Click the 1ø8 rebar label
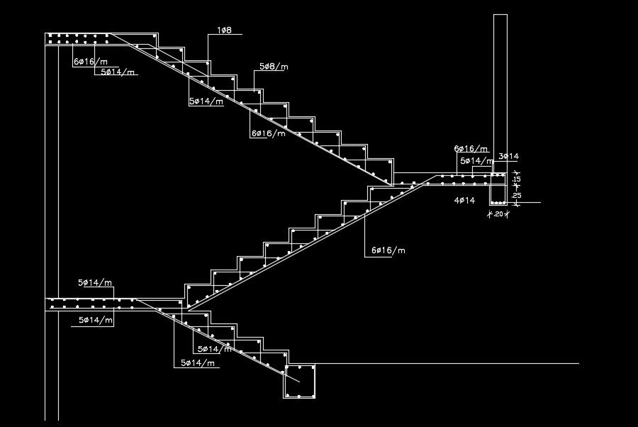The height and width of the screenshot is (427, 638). (225, 30)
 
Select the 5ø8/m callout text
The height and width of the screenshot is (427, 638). (274, 66)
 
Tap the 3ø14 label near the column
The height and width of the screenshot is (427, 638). (509, 156)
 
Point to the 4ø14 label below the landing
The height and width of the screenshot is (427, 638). (464, 201)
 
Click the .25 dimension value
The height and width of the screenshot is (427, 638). (517, 195)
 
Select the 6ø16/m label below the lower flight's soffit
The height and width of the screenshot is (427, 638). (388, 250)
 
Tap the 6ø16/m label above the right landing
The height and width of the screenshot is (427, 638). (471, 149)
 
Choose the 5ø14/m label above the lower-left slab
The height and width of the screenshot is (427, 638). (96, 282)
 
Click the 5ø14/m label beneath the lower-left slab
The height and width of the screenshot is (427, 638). (96, 321)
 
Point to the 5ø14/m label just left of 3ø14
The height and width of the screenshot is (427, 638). (477, 161)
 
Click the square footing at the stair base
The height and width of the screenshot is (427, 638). (299, 382)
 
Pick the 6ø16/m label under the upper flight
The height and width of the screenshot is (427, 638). (268, 133)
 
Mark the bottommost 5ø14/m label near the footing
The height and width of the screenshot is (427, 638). (197, 362)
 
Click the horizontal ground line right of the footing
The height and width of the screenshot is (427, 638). (447, 364)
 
